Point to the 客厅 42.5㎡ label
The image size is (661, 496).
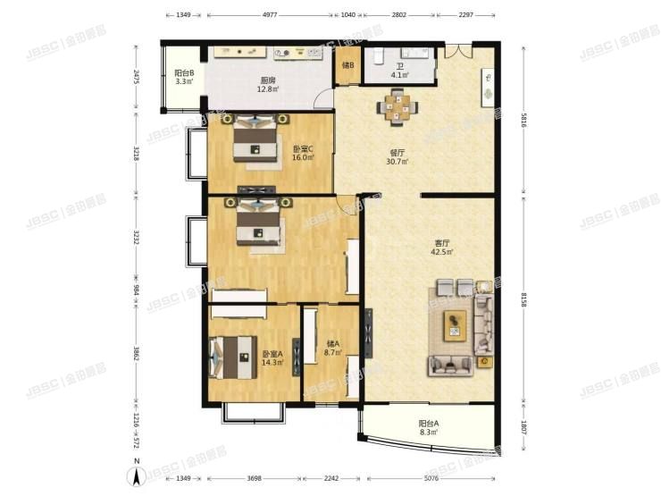coord(441,247)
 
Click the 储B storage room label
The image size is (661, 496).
coord(347,65)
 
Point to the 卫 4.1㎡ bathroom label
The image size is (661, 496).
coord(399,70)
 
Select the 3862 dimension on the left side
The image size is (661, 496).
coord(137,355)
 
